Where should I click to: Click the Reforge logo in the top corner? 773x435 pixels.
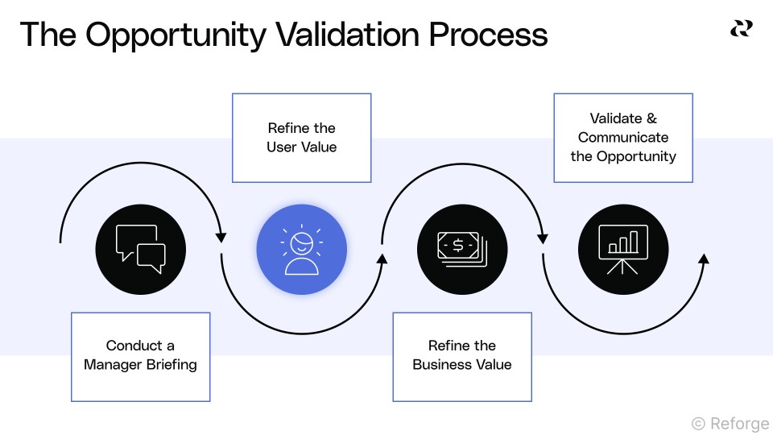(x=741, y=29)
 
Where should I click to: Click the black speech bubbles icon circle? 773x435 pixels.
(x=140, y=249)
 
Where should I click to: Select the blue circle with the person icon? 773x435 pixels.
(x=301, y=249)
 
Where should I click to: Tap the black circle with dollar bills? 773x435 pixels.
(x=462, y=249)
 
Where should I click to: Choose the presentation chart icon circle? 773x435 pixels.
(x=623, y=249)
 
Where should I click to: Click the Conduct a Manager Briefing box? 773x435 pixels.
(x=140, y=356)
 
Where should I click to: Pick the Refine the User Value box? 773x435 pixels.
(x=301, y=138)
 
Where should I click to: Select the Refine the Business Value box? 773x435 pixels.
(x=462, y=356)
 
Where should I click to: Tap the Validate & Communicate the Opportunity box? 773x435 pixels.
(x=623, y=138)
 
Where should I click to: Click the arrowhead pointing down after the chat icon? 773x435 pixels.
(x=221, y=238)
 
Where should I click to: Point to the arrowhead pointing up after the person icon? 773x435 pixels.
(x=382, y=259)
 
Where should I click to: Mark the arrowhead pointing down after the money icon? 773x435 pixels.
(x=543, y=238)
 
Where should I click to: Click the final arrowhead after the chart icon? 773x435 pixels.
(x=704, y=259)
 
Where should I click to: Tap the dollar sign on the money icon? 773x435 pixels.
(x=457, y=245)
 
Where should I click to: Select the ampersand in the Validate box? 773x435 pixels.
(x=651, y=118)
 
